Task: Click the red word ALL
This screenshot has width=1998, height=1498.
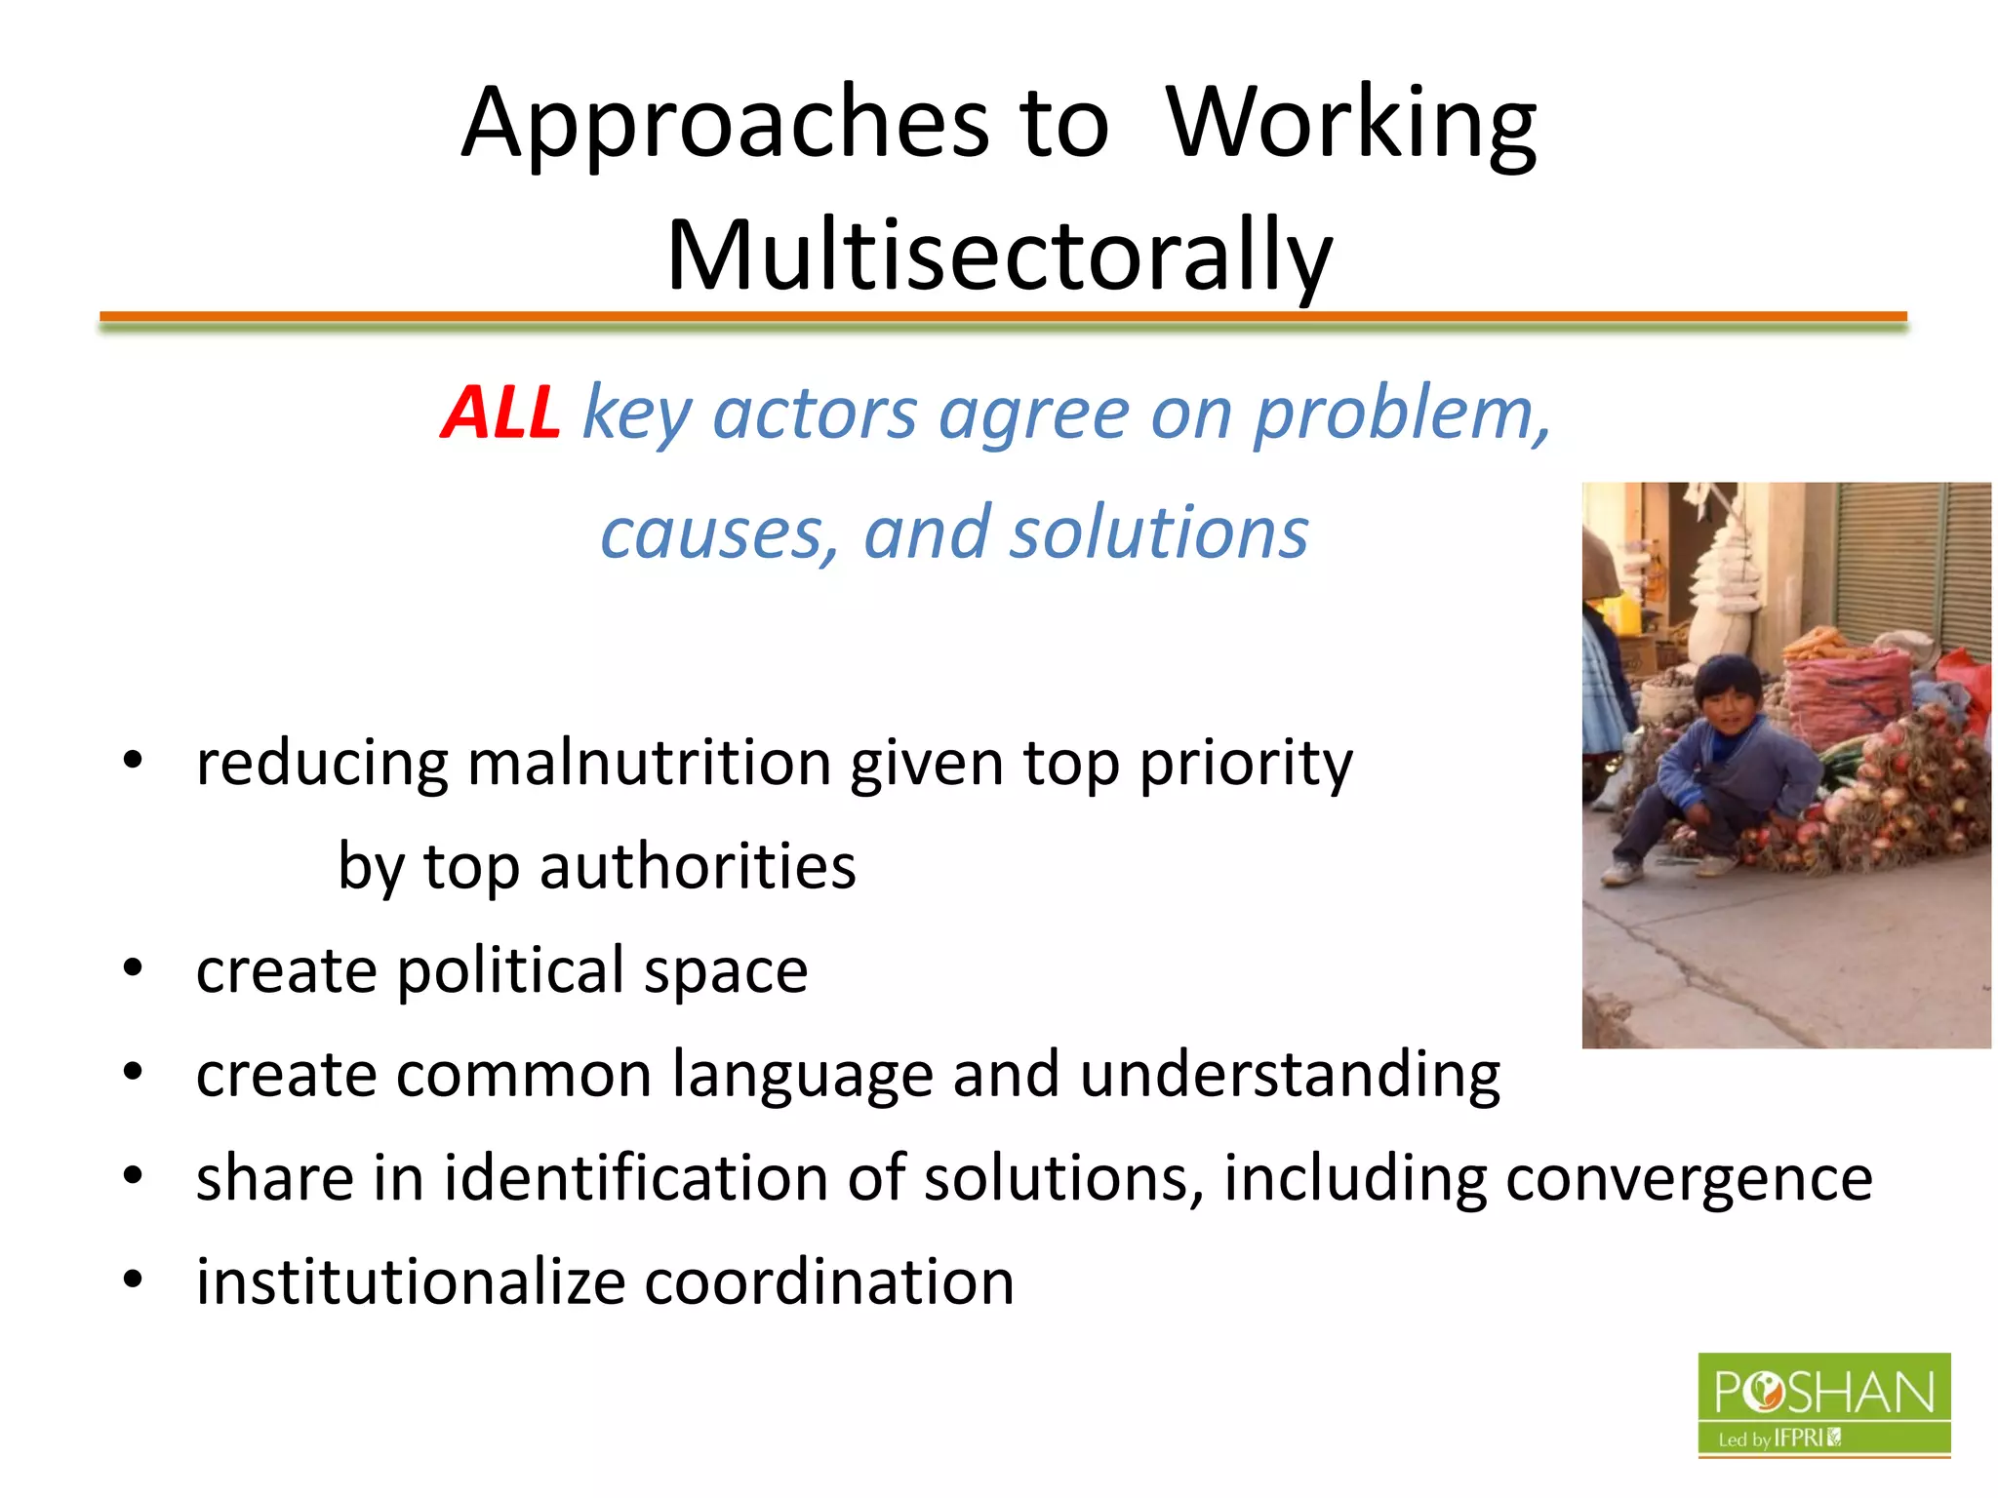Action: (x=500, y=414)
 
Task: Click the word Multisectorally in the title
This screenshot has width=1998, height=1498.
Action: (x=998, y=256)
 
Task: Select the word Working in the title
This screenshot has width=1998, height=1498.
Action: (x=1351, y=125)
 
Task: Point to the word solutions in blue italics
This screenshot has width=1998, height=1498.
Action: (x=1158, y=534)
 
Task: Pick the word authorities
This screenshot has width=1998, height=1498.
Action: (x=698, y=867)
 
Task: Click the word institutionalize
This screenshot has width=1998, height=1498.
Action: (x=410, y=1282)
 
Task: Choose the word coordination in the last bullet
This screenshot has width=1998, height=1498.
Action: (x=829, y=1282)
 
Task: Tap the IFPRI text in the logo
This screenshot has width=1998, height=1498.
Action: (x=1797, y=1438)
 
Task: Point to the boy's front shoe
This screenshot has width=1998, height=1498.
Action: (x=1621, y=871)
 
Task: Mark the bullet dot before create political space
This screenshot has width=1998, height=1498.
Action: (x=134, y=969)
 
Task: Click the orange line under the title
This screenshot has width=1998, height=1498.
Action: (x=1003, y=316)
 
